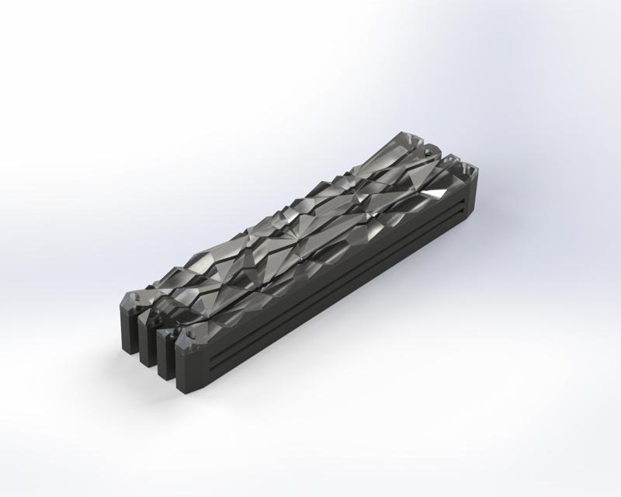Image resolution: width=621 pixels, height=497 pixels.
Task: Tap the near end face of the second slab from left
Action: (x=147, y=342)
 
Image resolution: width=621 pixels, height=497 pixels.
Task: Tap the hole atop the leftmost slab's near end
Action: (x=134, y=297)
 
